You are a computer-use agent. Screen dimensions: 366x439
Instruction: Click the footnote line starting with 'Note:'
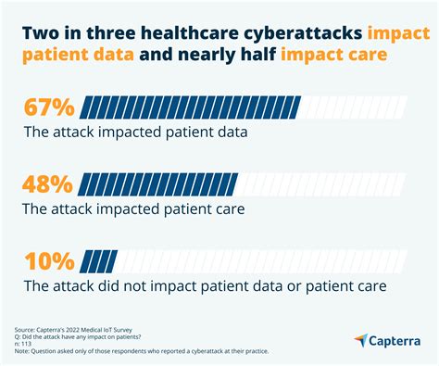click(x=140, y=356)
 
